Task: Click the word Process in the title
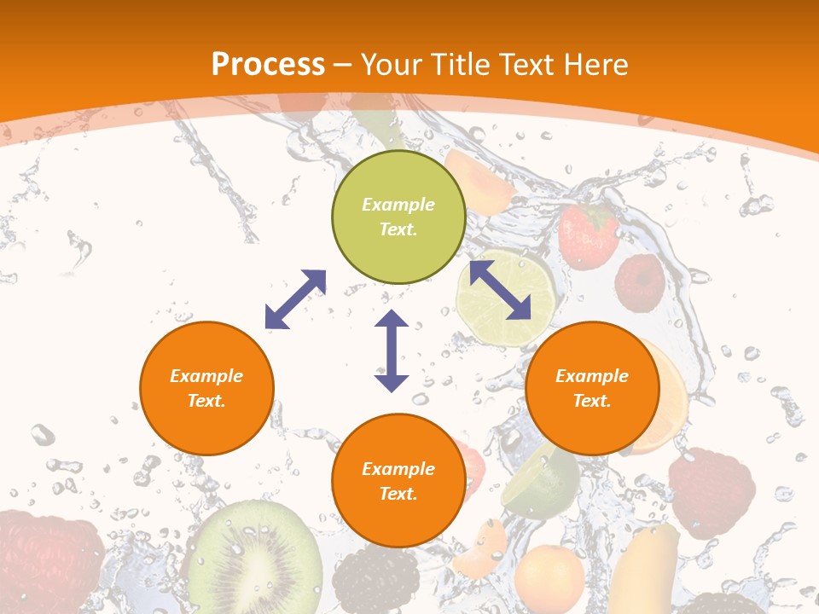click(268, 65)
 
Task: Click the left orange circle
click(206, 388)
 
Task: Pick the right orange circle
click(592, 388)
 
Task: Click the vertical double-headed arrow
click(392, 350)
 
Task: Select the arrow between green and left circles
click(295, 299)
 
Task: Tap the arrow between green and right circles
click(500, 290)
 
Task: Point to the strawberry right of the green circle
click(588, 235)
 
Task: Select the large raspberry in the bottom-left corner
click(47, 563)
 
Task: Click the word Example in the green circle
click(398, 205)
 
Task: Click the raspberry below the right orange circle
click(712, 495)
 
